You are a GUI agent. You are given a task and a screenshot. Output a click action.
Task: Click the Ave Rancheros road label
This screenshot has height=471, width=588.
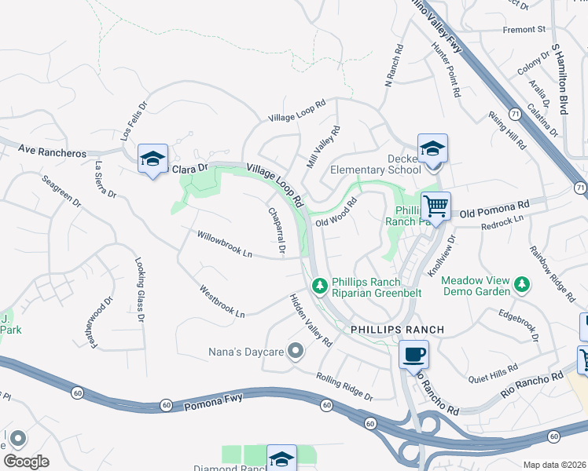51,152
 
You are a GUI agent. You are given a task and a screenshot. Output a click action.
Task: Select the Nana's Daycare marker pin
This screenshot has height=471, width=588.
296,350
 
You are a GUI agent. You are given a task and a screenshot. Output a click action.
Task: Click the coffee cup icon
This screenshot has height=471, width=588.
414,354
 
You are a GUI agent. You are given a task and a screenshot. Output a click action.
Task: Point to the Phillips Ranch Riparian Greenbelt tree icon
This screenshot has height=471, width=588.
320,286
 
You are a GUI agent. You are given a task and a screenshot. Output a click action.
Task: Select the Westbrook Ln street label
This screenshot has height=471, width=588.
222,301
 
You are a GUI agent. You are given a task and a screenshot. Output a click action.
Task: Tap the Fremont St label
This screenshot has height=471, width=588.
524,30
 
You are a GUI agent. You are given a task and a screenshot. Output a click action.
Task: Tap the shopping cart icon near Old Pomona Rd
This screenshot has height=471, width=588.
435,207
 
